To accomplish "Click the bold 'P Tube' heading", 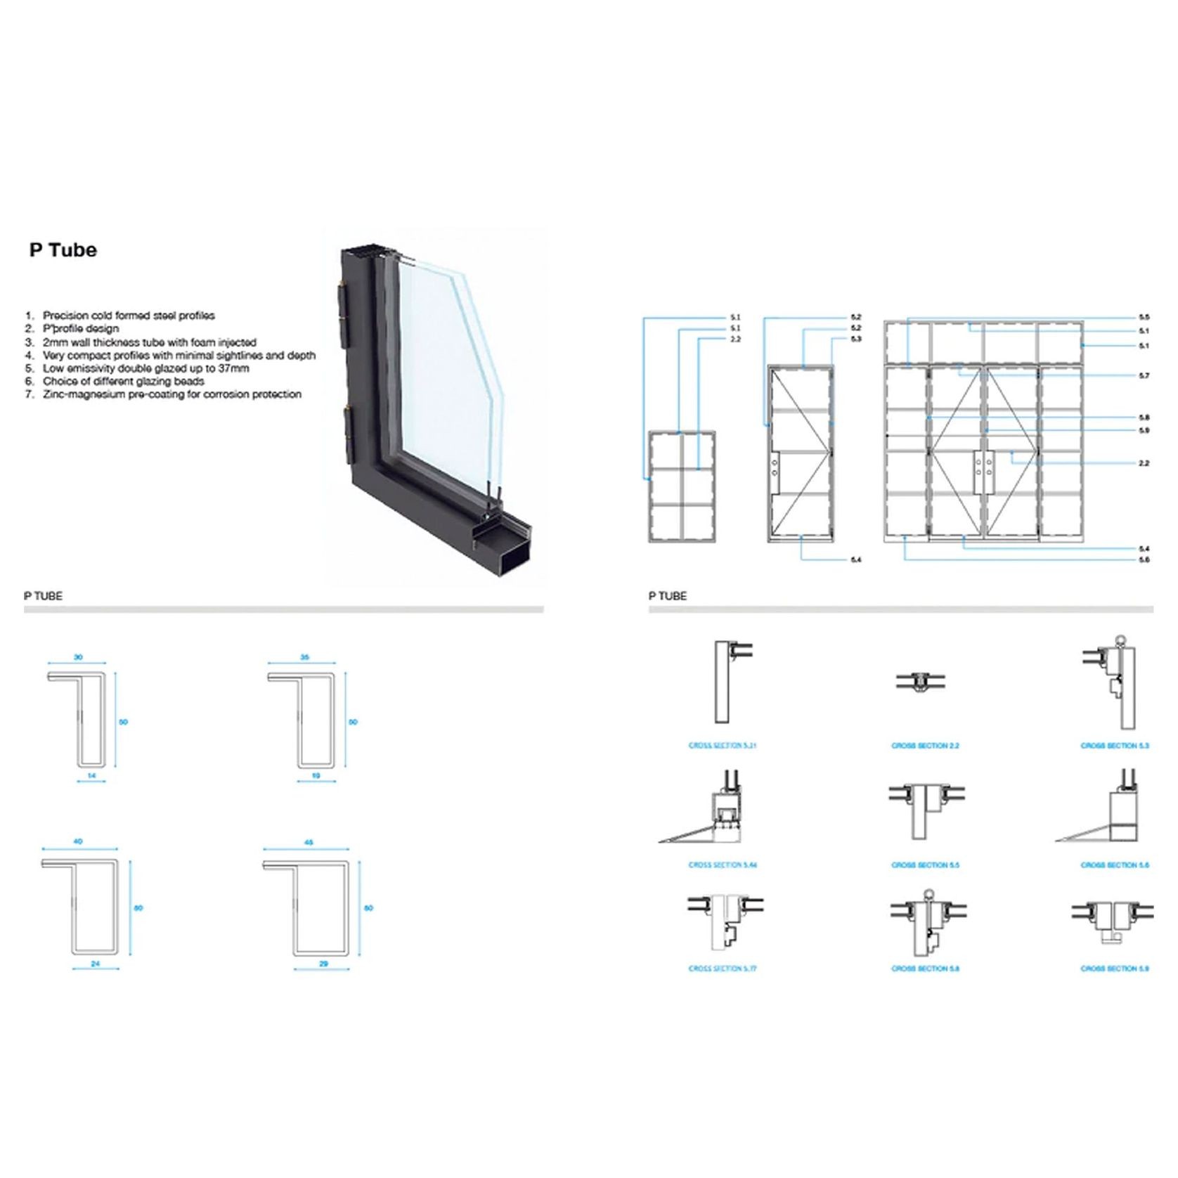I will pos(63,250).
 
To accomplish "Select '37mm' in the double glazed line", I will pos(233,368).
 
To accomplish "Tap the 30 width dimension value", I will pos(78,657).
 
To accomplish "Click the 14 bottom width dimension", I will pos(91,776).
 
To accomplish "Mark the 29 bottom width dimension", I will pos(323,964).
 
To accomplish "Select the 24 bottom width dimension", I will pos(96,964).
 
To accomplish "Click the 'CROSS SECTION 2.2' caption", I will pos(925,746).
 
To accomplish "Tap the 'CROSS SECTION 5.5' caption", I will pos(925,865).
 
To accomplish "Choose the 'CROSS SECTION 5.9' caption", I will pos(1115,969).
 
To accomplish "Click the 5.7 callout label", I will pos(1144,376).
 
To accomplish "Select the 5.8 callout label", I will pos(1144,418).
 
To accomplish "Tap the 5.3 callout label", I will pos(855,339).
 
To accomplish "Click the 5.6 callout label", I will pos(1144,560).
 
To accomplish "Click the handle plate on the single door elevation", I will pos(774,467).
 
